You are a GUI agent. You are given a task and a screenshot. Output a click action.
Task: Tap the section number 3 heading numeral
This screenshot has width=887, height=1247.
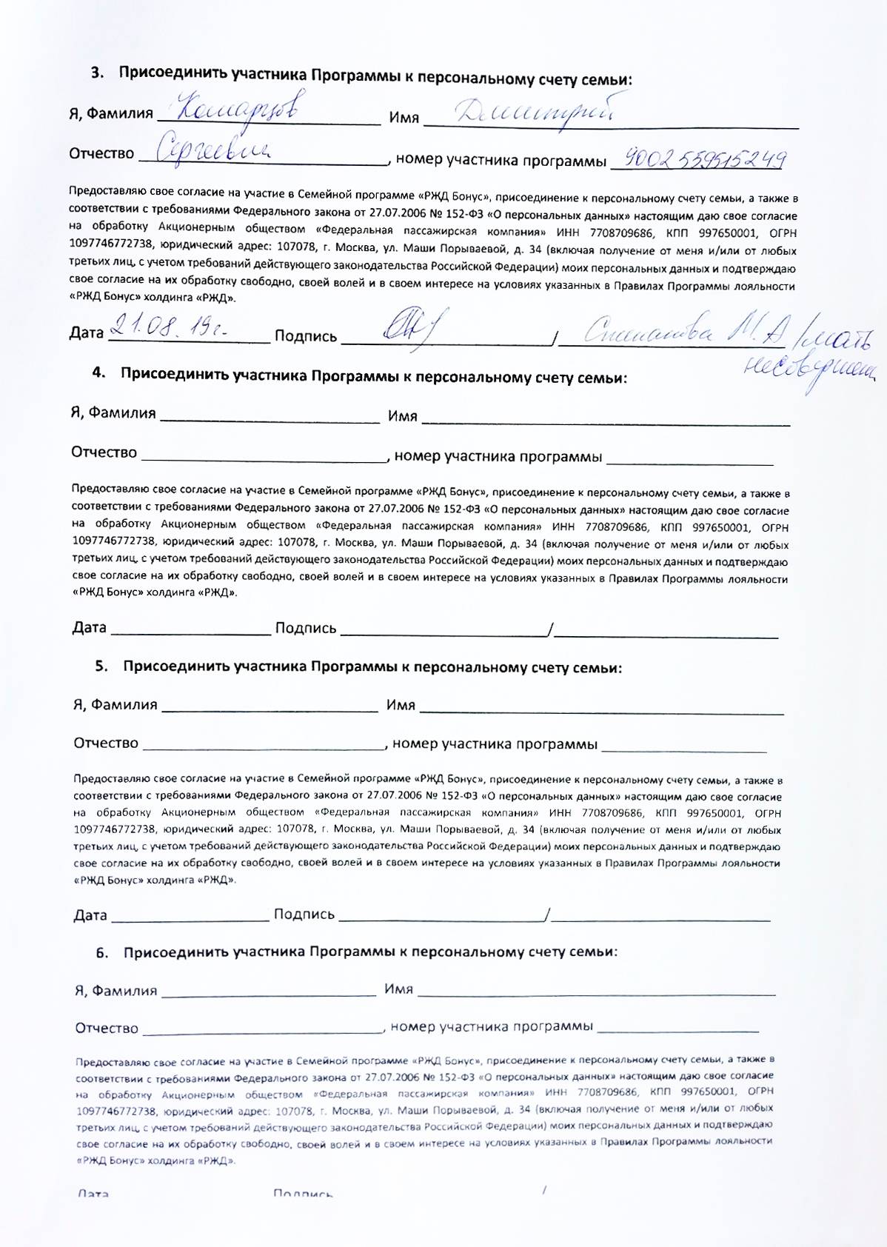coord(97,73)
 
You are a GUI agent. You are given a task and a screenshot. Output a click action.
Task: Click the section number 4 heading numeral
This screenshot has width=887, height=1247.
coord(98,372)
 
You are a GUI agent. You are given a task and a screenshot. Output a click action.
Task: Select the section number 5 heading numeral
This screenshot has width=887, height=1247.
coord(101,666)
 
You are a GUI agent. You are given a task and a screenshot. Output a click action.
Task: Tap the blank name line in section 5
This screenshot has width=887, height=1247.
coord(601,709)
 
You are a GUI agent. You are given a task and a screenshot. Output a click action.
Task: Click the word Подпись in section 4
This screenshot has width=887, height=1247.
coord(305,628)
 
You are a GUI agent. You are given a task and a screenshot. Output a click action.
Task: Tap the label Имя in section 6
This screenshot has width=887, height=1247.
coord(398,989)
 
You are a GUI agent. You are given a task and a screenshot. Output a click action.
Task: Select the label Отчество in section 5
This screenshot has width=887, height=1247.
coord(106,743)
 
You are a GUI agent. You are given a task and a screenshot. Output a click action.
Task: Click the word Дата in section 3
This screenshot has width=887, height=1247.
coord(87,332)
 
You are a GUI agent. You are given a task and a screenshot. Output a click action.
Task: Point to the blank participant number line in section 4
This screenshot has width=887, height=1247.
coord(689,461)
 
